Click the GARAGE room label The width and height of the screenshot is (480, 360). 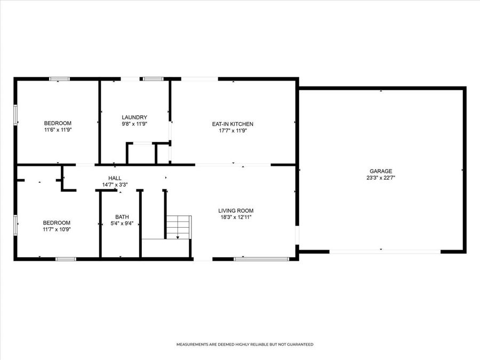tap(380, 171)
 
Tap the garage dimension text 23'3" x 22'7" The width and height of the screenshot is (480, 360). tap(380, 178)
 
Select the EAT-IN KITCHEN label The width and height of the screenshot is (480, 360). tap(233, 124)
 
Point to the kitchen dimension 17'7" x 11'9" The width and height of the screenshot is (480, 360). tap(233, 131)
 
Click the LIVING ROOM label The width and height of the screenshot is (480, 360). tap(235, 211)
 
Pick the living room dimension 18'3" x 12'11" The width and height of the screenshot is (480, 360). tap(235, 218)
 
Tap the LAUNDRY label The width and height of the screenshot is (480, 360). tap(134, 117)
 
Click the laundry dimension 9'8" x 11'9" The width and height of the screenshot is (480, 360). tap(134, 124)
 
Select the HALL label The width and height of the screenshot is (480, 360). tap(115, 178)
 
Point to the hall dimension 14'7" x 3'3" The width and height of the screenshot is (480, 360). tap(115, 185)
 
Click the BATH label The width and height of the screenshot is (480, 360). tap(122, 217)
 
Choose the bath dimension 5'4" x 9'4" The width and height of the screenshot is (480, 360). tap(122, 223)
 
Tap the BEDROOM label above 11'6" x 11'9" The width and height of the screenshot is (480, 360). tap(58, 123)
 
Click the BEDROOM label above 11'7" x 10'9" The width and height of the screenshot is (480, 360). tap(57, 222)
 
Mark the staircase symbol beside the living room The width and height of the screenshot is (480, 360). tap(178, 227)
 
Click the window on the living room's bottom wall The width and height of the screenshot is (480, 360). tap(261, 259)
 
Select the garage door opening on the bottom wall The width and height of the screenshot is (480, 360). tap(385, 251)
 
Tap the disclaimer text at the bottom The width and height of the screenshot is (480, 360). tap(245, 345)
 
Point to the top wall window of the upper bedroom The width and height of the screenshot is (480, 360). tap(59, 79)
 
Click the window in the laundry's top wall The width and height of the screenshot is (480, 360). tap(153, 79)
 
